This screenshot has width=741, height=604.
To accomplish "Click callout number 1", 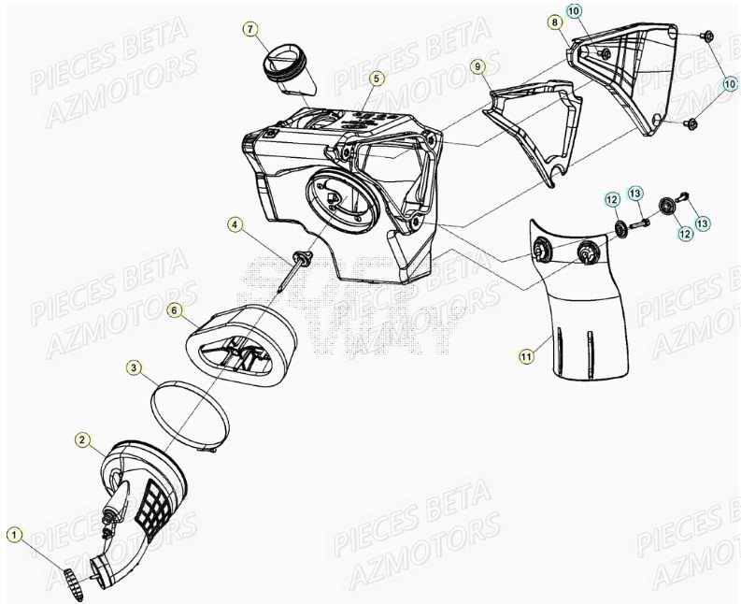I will (x=14, y=535).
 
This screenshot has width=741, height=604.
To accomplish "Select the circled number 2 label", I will (x=83, y=439).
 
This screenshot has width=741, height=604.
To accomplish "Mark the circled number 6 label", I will (x=174, y=309).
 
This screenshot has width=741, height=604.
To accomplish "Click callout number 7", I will (x=250, y=30).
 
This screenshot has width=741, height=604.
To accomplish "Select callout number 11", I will (x=526, y=354).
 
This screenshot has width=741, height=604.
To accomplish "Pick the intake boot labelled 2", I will (x=150, y=486).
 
